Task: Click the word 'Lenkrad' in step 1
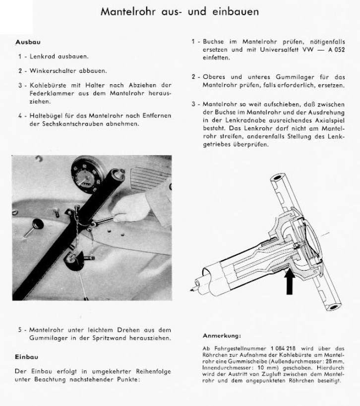pyautogui.click(x=41, y=57)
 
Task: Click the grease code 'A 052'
pyautogui.click(x=335, y=50)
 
